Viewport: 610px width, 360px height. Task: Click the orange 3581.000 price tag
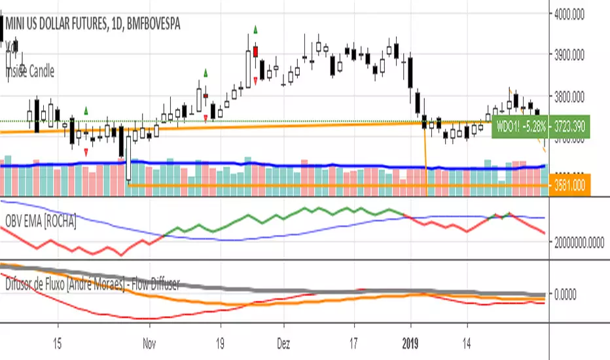pos(568,185)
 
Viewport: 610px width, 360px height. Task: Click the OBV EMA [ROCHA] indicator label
pos(41,222)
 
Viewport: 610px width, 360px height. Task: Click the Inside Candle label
pos(31,71)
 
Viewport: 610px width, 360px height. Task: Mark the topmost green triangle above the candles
pos(256,29)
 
